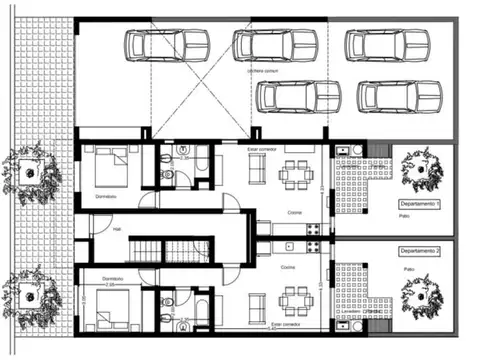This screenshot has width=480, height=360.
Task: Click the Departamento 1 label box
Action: click(x=414, y=203)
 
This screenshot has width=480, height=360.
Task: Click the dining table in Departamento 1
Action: click(x=296, y=172)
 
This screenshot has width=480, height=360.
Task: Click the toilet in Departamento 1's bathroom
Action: click(x=169, y=178)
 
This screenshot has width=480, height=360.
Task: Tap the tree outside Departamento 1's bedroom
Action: click(x=29, y=169)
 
